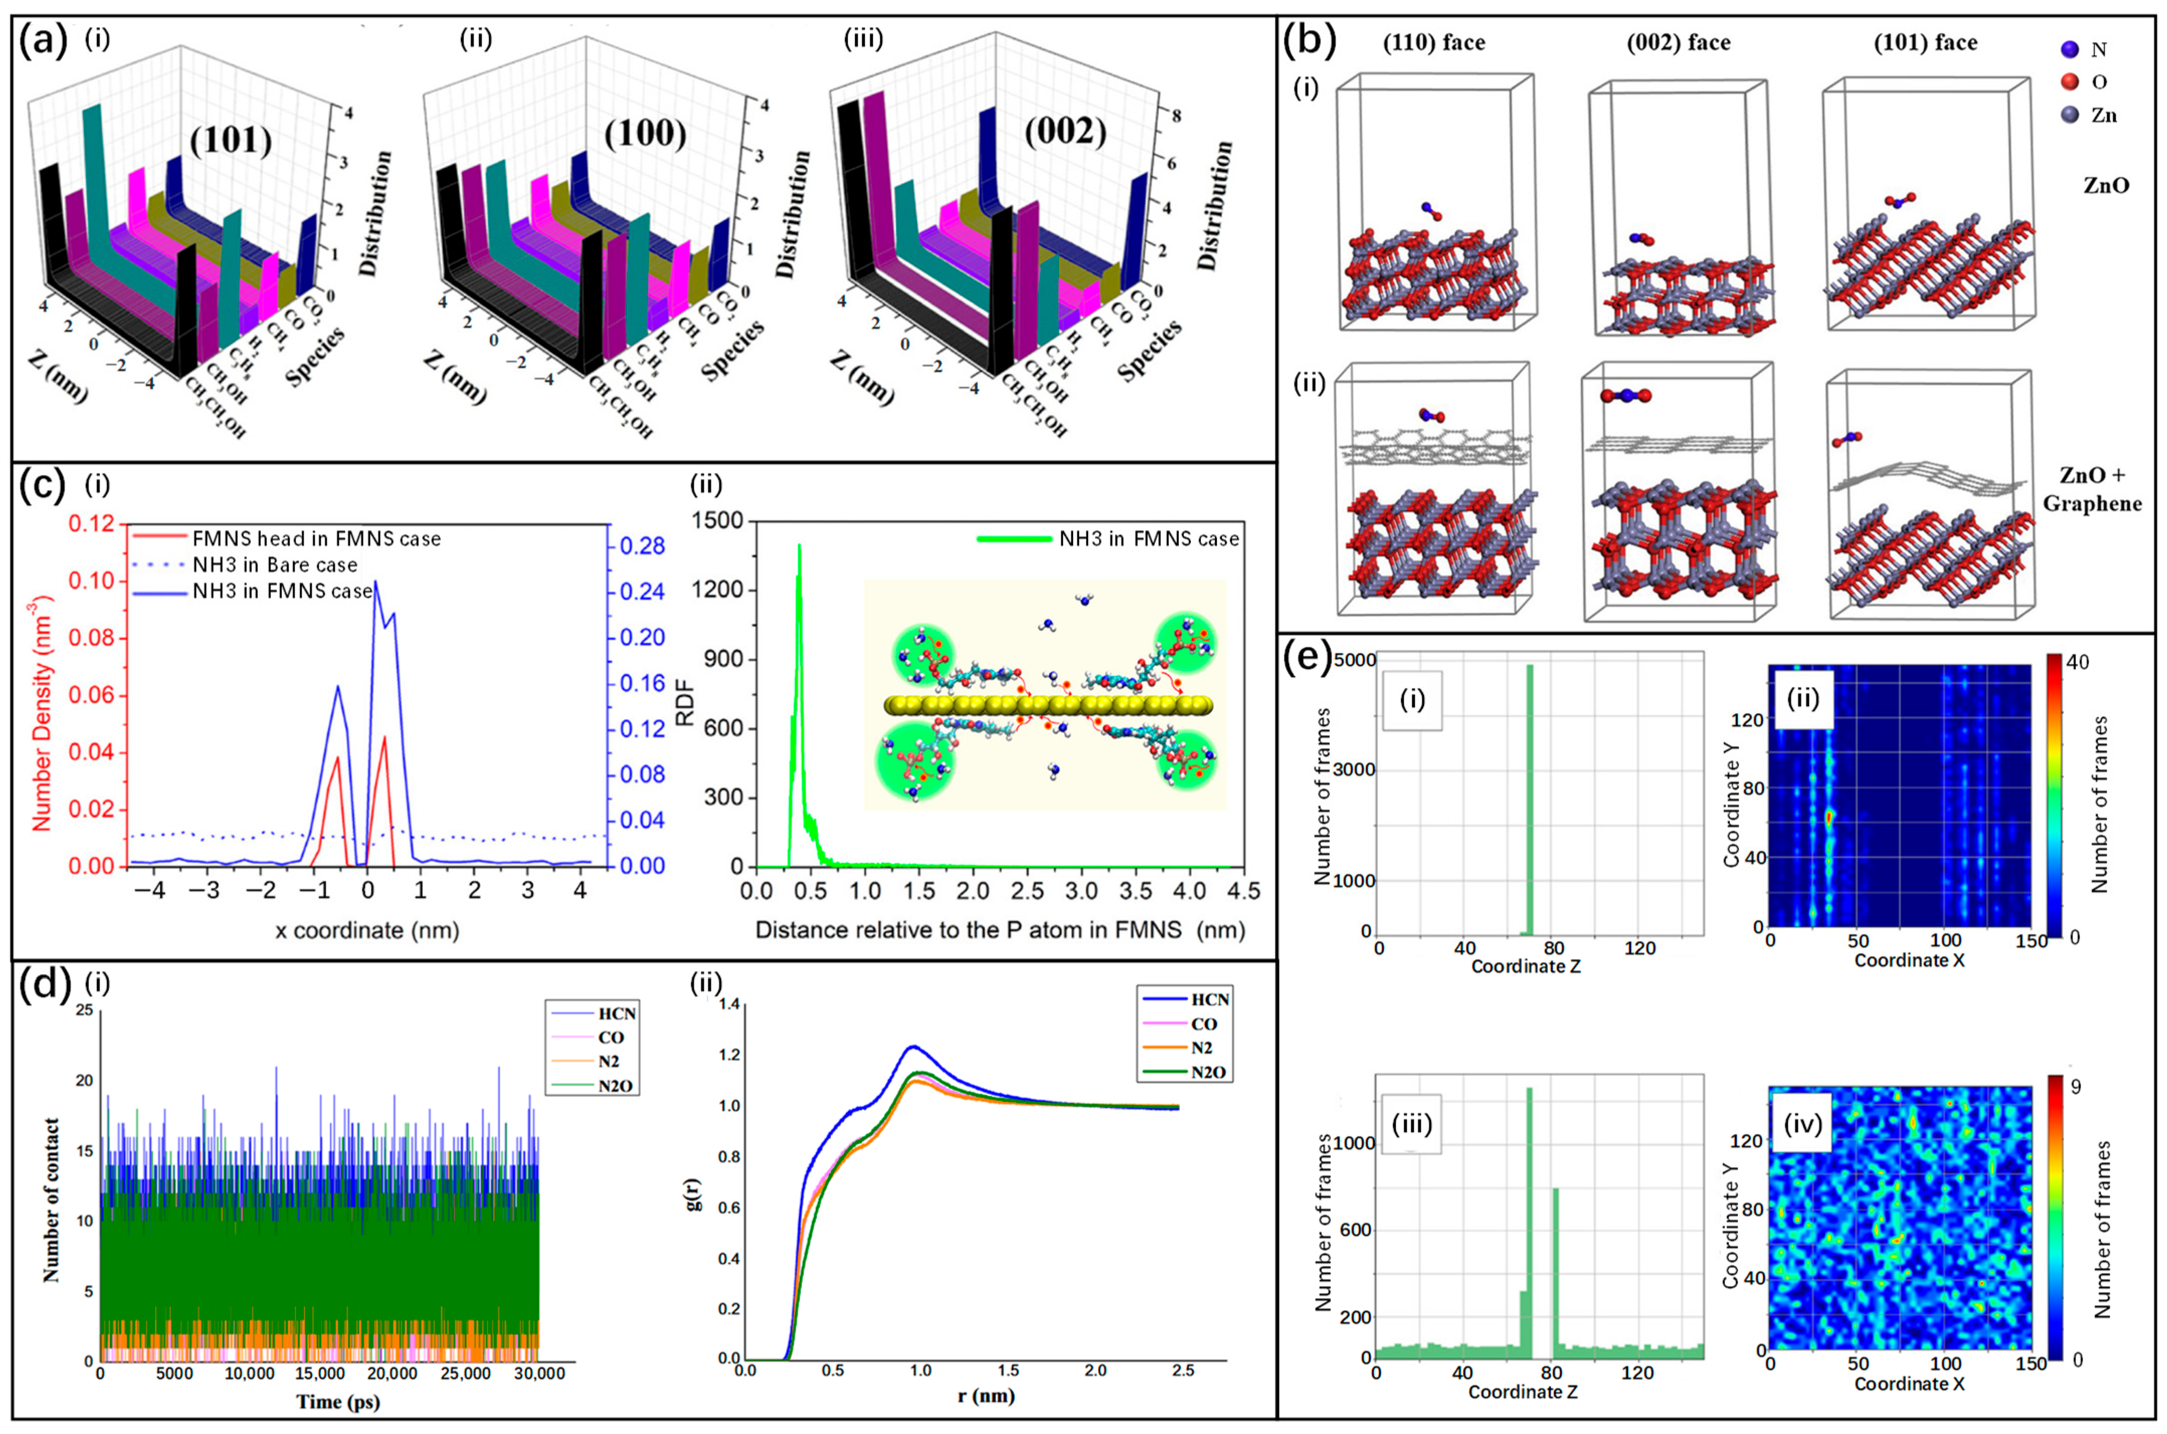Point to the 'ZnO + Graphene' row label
coord(2092,489)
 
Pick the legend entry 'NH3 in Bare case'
coord(274,564)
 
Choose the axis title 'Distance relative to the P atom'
coord(999,931)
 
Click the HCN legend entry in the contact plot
coord(614,1013)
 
